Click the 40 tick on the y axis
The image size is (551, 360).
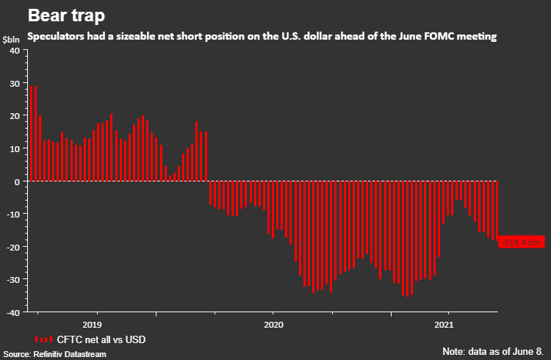pyautogui.click(x=15, y=51)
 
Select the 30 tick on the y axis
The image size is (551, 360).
pyautogui.click(x=15, y=84)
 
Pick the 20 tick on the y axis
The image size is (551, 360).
pyautogui.click(x=15, y=116)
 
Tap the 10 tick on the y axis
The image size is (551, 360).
pyautogui.click(x=15, y=149)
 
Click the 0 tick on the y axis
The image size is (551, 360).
pyautogui.click(x=17, y=181)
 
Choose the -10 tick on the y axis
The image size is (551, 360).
pyautogui.click(x=13, y=215)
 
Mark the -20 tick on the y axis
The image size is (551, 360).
pyautogui.click(x=13, y=247)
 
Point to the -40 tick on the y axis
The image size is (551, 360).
pyautogui.click(x=13, y=312)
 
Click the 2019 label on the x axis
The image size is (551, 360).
pyautogui.click(x=93, y=324)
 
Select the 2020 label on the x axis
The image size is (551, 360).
pyautogui.click(x=273, y=324)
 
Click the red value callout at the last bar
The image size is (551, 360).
pyautogui.click(x=521, y=242)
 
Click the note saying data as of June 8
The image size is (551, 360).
pyautogui.click(x=494, y=350)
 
